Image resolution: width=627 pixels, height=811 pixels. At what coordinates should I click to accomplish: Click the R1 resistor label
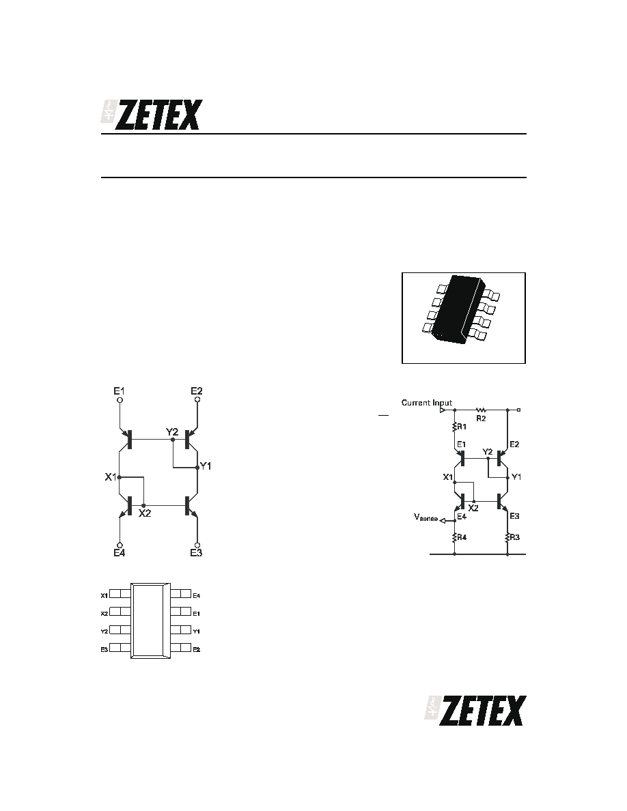point(462,427)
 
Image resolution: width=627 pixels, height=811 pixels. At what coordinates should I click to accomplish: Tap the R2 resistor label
point(481,418)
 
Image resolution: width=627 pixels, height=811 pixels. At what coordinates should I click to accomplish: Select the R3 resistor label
point(515,537)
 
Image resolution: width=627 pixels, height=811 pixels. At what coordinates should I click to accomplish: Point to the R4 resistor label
point(462,537)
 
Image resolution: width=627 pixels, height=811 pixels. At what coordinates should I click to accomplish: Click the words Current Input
point(427,402)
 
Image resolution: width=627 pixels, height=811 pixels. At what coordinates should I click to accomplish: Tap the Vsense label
point(426,517)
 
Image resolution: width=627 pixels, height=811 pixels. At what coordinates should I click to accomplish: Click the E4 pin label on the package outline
point(197,596)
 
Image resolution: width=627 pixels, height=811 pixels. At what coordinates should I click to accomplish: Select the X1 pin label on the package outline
point(104,596)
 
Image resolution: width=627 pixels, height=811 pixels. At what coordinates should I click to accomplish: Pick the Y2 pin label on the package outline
point(104,631)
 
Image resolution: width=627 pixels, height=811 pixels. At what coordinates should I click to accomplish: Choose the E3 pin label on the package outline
point(104,650)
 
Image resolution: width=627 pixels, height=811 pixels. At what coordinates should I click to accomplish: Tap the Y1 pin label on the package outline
point(197,631)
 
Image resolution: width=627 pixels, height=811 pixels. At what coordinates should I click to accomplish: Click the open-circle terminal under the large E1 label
point(120,400)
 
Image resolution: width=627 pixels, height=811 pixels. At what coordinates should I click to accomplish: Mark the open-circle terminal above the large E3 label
point(197,545)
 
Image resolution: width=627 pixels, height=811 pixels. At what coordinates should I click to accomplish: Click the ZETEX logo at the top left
point(151,114)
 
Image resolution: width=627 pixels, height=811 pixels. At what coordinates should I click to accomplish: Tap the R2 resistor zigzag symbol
point(481,410)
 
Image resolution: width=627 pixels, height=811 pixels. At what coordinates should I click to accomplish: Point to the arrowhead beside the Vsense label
point(443,520)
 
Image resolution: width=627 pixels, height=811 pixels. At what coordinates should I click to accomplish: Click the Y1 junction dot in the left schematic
point(197,468)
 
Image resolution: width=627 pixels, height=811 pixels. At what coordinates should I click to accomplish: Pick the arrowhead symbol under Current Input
point(443,410)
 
